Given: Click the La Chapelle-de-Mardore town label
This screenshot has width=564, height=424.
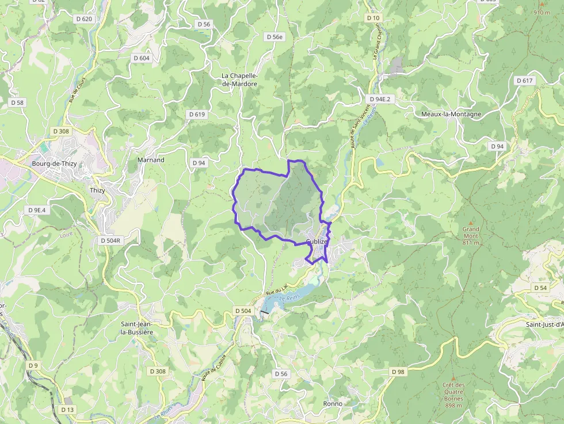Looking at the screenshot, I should pyautogui.click(x=239, y=79).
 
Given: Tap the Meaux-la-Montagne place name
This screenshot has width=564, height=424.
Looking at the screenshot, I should pyautogui.click(x=451, y=114).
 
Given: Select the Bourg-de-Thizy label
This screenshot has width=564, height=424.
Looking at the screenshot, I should pyautogui.click(x=54, y=163).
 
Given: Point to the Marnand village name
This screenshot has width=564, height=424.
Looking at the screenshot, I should pyautogui.click(x=151, y=160).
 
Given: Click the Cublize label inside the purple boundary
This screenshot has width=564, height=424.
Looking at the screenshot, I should pyautogui.click(x=317, y=242).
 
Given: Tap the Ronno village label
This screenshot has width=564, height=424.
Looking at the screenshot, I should pyautogui.click(x=333, y=404).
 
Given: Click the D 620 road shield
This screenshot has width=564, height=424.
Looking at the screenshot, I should pyautogui.click(x=84, y=19).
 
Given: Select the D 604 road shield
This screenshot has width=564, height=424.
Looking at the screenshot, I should pyautogui.click(x=141, y=58).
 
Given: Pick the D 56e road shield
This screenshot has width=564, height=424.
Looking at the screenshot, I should pyautogui.click(x=275, y=37).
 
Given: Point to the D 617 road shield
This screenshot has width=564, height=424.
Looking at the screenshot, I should pyautogui.click(x=524, y=81).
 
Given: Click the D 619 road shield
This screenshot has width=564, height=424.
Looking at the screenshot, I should pyautogui.click(x=197, y=114).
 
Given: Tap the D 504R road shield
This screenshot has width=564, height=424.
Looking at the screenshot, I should pyautogui.click(x=109, y=240).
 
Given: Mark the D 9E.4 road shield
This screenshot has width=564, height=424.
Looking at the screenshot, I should pyautogui.click(x=36, y=210).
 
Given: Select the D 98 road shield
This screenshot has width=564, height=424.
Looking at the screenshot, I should pyautogui.click(x=398, y=372).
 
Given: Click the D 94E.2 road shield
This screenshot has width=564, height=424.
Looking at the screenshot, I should pyautogui.click(x=380, y=99).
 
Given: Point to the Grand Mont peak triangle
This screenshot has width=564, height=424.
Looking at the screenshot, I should pyautogui.click(x=471, y=223).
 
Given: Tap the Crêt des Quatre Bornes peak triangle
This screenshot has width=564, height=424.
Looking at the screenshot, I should pyautogui.click(x=454, y=378).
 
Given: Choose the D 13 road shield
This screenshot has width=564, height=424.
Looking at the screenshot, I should pyautogui.click(x=67, y=410).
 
